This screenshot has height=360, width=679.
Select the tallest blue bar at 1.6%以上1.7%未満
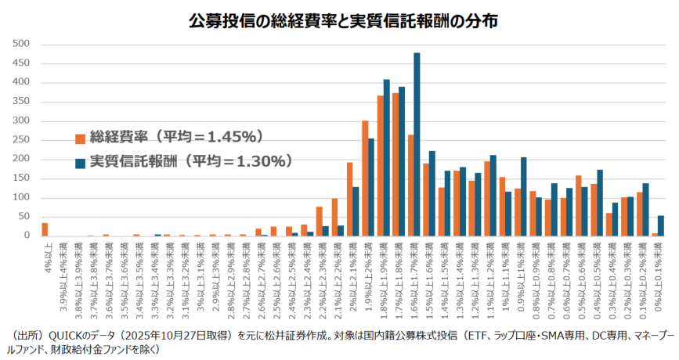pyautogui.click(x=417, y=144)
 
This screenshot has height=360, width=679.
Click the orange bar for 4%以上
pyautogui.click(x=45, y=229)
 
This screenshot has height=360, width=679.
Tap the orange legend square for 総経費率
pyautogui.click(x=80, y=139)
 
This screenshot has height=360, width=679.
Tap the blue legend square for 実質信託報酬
pyautogui.click(x=80, y=162)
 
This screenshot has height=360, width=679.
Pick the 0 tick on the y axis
pyautogui.click(x=26, y=235)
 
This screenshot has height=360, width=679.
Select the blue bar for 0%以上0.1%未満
pyautogui.click(x=661, y=225)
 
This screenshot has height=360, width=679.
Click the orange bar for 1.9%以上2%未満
pyautogui.click(x=365, y=178)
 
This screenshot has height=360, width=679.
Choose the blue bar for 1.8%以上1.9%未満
pyautogui.click(x=386, y=157)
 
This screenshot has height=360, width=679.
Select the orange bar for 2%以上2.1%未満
pyautogui.click(x=349, y=199)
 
